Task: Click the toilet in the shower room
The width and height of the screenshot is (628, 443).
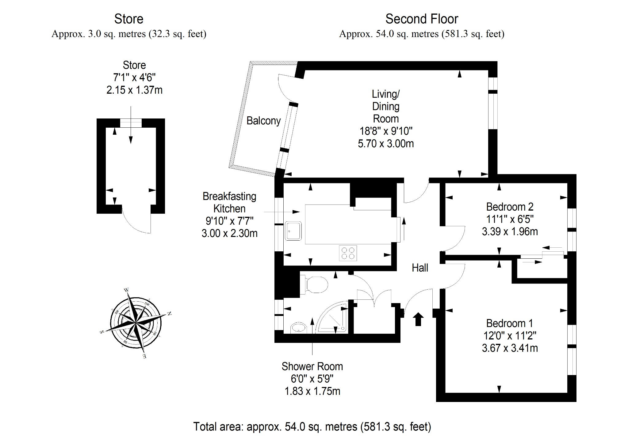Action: pos(314,285)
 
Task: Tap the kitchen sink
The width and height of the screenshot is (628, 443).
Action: pos(293,231)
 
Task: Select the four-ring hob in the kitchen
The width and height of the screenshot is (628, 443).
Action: pos(348,253)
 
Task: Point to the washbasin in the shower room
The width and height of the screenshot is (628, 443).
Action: pos(298,327)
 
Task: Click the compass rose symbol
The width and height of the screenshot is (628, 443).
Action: pos(135,323)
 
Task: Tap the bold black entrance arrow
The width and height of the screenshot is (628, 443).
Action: pos(418,319)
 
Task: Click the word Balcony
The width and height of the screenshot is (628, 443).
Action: pos(264,121)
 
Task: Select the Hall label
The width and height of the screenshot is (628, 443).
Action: pos(420,268)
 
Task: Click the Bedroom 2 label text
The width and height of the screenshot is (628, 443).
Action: pos(510,207)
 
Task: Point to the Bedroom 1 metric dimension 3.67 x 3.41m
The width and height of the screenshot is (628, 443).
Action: pos(510,348)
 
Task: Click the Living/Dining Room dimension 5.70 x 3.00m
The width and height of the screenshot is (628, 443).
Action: pos(386,143)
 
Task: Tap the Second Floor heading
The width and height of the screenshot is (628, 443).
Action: pos(422,19)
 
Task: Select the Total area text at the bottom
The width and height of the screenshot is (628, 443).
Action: pos(312,426)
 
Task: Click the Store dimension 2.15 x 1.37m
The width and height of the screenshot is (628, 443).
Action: pos(134,90)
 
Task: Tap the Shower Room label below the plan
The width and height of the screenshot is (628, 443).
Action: pos(312,366)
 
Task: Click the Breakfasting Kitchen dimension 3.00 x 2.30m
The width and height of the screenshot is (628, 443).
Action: pos(229,233)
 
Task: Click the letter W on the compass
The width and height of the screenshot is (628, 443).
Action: pos(126,290)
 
